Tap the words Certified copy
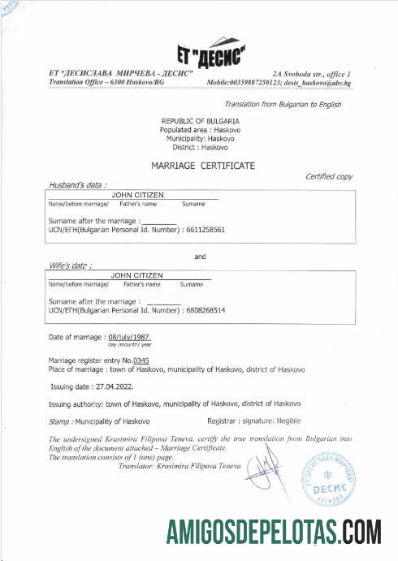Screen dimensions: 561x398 click(328, 176)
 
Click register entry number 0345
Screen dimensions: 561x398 click(141, 360)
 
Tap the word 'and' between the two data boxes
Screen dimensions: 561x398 click(200, 257)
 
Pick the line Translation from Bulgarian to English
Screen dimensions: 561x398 click(282, 104)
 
